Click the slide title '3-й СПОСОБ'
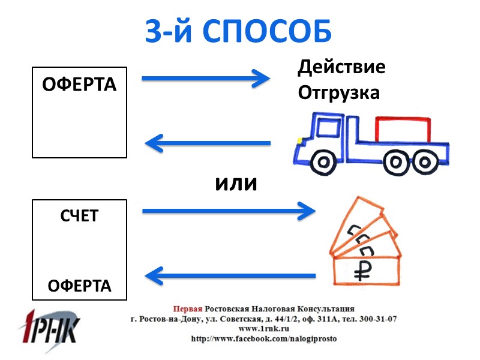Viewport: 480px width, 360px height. (x=239, y=32)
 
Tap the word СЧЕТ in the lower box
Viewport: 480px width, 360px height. (x=79, y=216)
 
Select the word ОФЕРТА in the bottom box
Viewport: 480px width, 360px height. (x=79, y=286)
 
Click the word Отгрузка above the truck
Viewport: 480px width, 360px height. (x=338, y=94)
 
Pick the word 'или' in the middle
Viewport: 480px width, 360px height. (x=236, y=183)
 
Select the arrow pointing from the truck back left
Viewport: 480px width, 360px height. (x=208, y=143)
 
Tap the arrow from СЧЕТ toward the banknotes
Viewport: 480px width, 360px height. (x=228, y=211)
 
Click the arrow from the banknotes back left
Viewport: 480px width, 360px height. (x=230, y=276)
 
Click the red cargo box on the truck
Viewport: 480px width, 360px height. (x=403, y=130)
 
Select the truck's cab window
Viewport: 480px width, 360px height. (x=327, y=128)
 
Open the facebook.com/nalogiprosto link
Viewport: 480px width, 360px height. (x=264, y=339)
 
